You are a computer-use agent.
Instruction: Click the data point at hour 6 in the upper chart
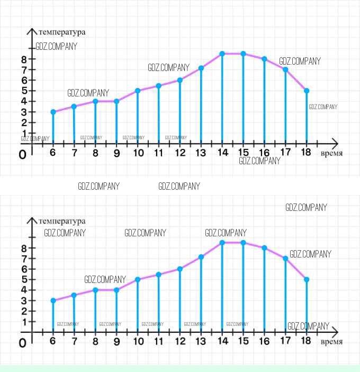(x=53, y=112)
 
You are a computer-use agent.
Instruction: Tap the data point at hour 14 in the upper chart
(x=222, y=54)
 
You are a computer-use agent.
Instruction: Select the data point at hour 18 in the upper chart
(x=307, y=91)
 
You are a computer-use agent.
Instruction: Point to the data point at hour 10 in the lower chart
(x=138, y=279)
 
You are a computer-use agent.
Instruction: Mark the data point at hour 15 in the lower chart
(x=244, y=242)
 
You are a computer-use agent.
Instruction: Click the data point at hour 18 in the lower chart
(x=307, y=279)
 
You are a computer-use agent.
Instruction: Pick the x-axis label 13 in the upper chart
(x=201, y=153)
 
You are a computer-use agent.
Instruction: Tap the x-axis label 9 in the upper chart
(x=116, y=153)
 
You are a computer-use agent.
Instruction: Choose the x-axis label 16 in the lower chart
(x=264, y=342)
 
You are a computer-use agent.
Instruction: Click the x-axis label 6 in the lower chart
(x=53, y=342)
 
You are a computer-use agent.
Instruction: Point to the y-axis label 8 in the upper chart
(x=24, y=59)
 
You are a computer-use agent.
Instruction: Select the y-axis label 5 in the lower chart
(x=24, y=279)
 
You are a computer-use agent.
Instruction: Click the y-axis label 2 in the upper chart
(x=24, y=122)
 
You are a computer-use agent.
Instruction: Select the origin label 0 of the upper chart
(x=22, y=155)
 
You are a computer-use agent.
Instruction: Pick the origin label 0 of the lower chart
(x=22, y=343)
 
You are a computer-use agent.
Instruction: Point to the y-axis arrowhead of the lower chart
(x=32, y=220)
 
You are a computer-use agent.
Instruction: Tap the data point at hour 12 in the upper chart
(x=180, y=80)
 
